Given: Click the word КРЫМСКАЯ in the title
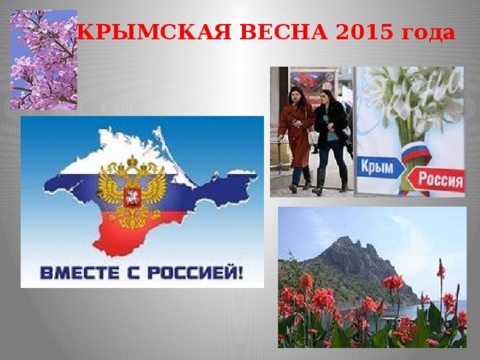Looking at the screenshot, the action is pyautogui.click(x=154, y=31).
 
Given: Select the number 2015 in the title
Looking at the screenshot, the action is pyautogui.click(x=364, y=31).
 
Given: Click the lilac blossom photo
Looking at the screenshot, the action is pyautogui.click(x=43, y=60).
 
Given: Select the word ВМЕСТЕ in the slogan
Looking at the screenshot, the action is pyautogui.click(x=79, y=272).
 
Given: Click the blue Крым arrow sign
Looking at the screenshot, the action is pyautogui.click(x=379, y=167).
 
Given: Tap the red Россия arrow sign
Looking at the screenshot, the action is pyautogui.click(x=436, y=179).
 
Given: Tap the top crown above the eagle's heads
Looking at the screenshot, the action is pyautogui.click(x=133, y=161).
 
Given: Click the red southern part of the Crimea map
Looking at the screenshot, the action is pyautogui.click(x=135, y=229).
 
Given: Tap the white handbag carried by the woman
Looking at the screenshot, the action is pyautogui.click(x=313, y=137).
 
